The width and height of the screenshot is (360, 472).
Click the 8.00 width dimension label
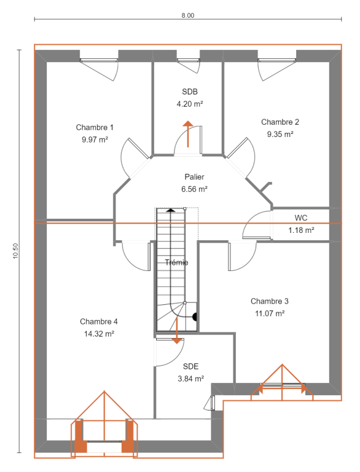pyautogui.click(x=188, y=15)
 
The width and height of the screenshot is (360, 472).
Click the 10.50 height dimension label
pyautogui.click(x=15, y=251)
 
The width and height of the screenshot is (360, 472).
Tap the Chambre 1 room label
pyautogui.click(x=95, y=128)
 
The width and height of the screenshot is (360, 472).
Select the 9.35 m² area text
pyautogui.click(x=280, y=134)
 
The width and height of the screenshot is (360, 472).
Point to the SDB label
pyautogui.click(x=190, y=92)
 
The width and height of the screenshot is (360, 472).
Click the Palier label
pyautogui.click(x=195, y=177)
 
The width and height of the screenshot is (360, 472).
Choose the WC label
pyautogui.click(x=301, y=218)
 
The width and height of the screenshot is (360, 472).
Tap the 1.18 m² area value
pyautogui.click(x=302, y=230)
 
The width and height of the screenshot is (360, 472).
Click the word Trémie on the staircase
pyautogui.click(x=177, y=262)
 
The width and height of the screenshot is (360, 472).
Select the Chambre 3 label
pyautogui.click(x=270, y=301)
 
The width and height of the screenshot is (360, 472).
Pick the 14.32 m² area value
pyautogui.click(x=99, y=334)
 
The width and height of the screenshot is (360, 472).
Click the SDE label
pyautogui.click(x=191, y=366)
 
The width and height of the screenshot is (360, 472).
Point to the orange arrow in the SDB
pyautogui.click(x=188, y=134)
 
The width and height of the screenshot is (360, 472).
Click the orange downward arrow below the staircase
pyautogui.click(x=177, y=331)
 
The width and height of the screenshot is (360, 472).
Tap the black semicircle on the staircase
pyautogui.click(x=195, y=317)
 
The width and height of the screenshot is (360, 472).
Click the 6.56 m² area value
pyautogui.click(x=195, y=189)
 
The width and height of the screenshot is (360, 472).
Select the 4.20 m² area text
pyautogui.click(x=190, y=104)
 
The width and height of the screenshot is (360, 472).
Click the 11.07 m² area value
pyautogui.click(x=270, y=313)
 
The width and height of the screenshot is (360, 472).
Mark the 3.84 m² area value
pyautogui.click(x=191, y=379)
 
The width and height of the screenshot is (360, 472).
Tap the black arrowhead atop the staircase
pyautogui.click(x=171, y=210)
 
